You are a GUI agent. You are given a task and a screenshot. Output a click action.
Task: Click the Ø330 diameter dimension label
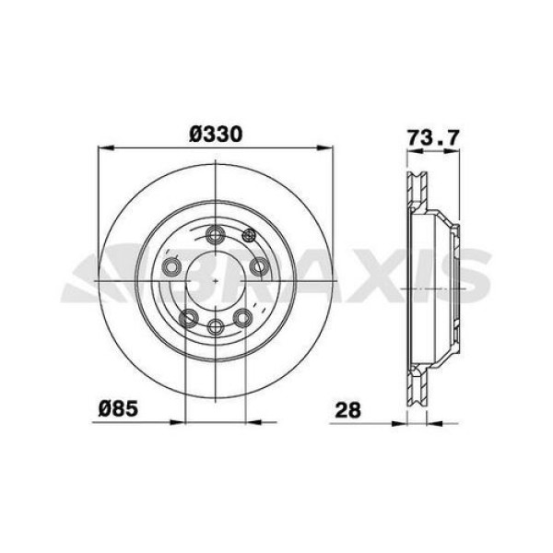tap(216, 134)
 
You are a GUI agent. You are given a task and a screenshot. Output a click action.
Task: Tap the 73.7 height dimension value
tap(432, 138)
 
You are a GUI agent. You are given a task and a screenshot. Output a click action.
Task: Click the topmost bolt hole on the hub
tap(216, 233)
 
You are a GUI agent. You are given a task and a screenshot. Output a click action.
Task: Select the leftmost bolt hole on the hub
tap(171, 267)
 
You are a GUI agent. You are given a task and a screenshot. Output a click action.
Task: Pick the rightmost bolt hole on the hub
tap(259, 267)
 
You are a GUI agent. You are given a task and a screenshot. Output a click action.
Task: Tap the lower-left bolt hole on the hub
tap(188, 318)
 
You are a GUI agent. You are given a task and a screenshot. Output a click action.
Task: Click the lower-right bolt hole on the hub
tap(243, 318)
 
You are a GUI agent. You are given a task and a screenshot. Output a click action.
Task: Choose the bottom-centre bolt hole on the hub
tap(216, 328)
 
